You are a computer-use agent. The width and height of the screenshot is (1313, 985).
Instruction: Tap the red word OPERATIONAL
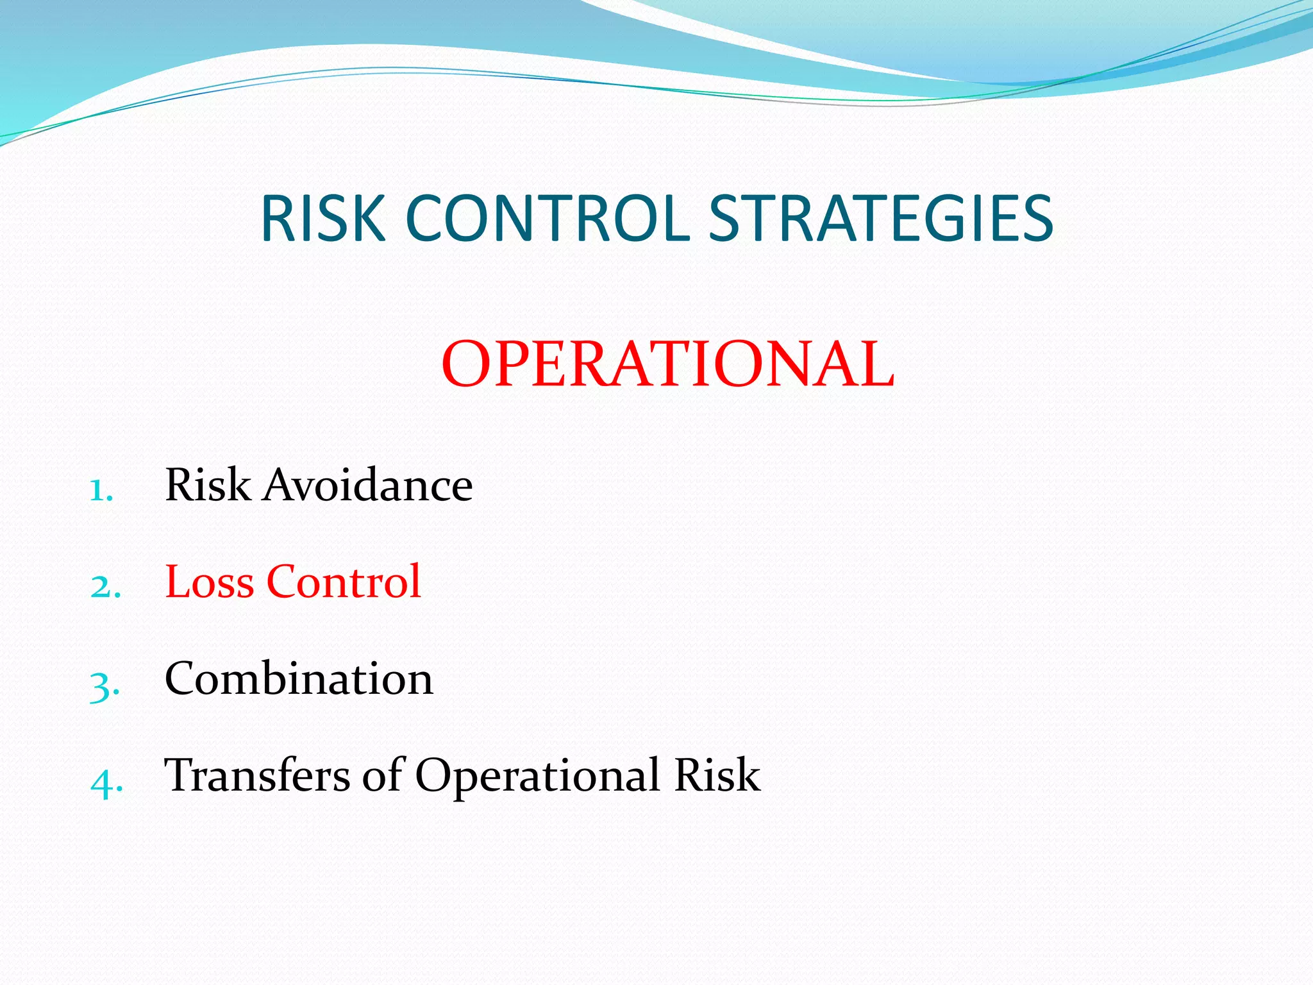(x=667, y=364)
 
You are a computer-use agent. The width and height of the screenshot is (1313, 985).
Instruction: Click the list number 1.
(x=100, y=490)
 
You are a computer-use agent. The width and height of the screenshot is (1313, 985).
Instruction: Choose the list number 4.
(x=105, y=782)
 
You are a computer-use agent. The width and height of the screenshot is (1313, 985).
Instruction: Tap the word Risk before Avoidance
(x=208, y=485)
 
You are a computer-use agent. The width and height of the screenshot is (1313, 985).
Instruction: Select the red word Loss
(x=210, y=582)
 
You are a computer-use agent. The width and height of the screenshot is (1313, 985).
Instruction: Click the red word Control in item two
(x=344, y=582)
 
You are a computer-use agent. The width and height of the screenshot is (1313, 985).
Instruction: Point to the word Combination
(x=299, y=678)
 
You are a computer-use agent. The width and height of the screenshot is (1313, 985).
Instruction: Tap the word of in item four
(x=382, y=775)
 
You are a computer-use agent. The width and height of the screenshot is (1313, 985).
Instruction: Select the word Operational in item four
(x=538, y=777)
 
